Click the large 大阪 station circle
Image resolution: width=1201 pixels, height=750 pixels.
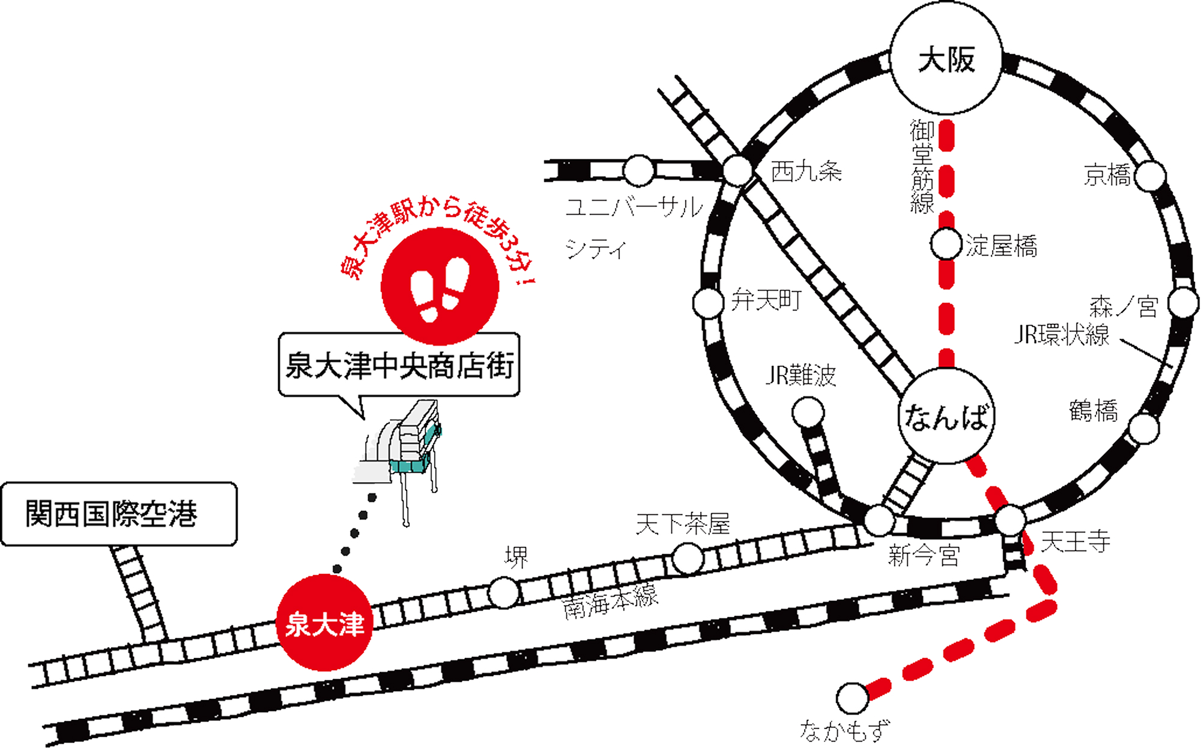(x=946, y=58)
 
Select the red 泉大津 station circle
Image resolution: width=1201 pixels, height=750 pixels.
(x=324, y=623)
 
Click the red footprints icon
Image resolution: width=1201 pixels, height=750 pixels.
(x=440, y=287)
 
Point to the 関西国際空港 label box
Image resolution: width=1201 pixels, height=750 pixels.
(x=119, y=514)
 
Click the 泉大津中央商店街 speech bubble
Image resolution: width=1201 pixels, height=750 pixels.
(x=399, y=365)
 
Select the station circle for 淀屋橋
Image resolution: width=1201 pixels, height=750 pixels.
(x=946, y=244)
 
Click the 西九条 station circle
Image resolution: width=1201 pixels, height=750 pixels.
(x=737, y=171)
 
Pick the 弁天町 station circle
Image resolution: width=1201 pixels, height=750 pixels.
(x=708, y=302)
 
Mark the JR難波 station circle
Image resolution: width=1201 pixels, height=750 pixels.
(x=808, y=413)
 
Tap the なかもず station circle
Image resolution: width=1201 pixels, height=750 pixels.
(x=852, y=698)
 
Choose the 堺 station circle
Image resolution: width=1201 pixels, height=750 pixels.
(x=503, y=593)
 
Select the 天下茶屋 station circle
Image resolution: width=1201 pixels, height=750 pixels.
(x=687, y=558)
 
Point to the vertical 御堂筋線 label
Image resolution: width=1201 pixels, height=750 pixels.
(x=922, y=166)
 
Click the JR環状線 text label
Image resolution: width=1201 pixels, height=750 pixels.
(x=1061, y=335)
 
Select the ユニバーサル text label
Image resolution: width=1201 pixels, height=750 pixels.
(x=634, y=207)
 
